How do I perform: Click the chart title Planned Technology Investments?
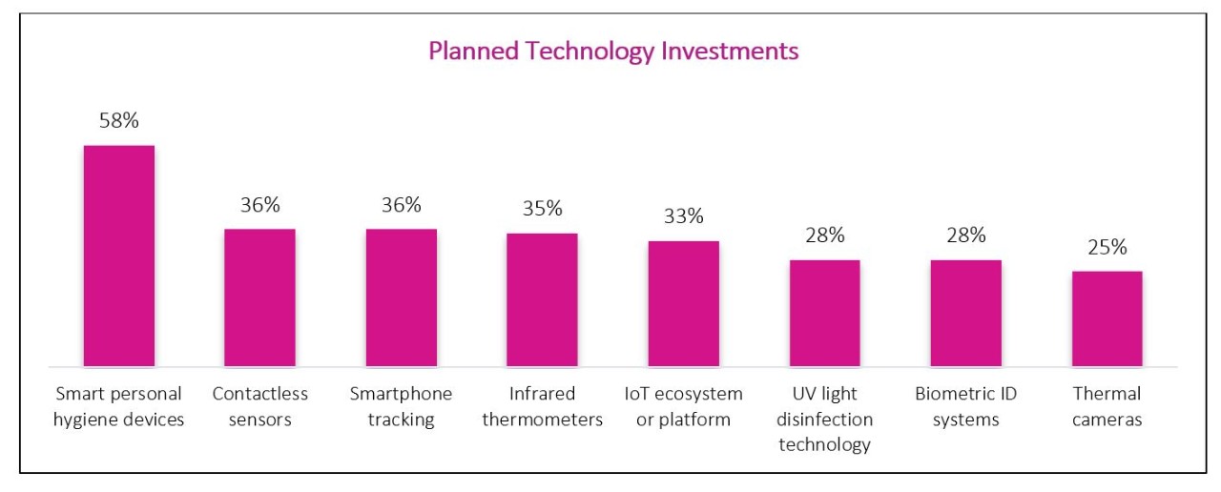coord(612,51)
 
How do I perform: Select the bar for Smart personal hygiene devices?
coord(119,256)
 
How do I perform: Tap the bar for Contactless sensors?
coord(259,297)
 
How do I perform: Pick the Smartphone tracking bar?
coord(401,297)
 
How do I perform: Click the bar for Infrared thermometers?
coord(542,299)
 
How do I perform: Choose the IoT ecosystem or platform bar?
coord(683,303)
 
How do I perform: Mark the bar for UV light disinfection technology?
coord(824,313)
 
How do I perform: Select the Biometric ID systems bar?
coord(965,313)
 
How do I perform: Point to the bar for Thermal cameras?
coord(1107,318)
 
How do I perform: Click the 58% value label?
coord(119,121)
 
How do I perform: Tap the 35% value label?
coord(542,209)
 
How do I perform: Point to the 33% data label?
coord(683,216)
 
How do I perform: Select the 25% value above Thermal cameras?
coord(1107,247)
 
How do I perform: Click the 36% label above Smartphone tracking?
coord(401,205)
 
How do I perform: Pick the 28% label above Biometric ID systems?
coord(965,236)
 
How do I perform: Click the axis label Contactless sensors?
coord(259,406)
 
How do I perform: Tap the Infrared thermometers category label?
coord(542,406)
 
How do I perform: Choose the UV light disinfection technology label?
coord(824,420)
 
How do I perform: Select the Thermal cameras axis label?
coord(1107,406)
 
